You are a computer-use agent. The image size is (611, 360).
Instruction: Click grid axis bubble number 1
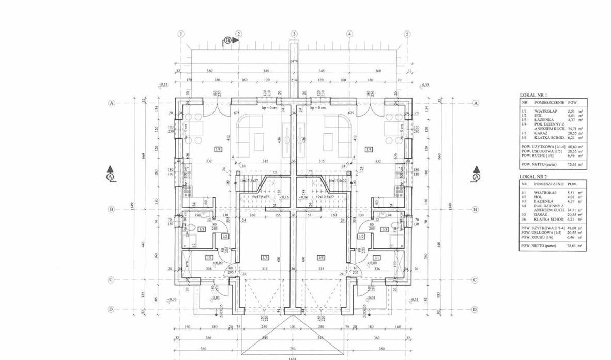click(x=180, y=34)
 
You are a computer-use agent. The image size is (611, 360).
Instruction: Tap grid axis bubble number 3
click(x=294, y=34)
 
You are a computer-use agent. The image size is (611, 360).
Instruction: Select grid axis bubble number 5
click(x=407, y=34)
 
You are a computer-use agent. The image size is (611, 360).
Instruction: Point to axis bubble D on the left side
click(x=111, y=309)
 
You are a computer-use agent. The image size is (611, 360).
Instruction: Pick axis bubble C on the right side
click(x=475, y=280)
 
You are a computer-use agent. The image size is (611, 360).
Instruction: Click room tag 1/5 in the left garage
click(x=265, y=258)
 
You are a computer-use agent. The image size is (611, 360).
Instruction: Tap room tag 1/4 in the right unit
click(x=369, y=149)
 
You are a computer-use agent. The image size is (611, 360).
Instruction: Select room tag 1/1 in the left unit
click(x=209, y=257)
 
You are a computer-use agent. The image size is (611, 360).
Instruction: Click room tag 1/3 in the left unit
click(x=202, y=229)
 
